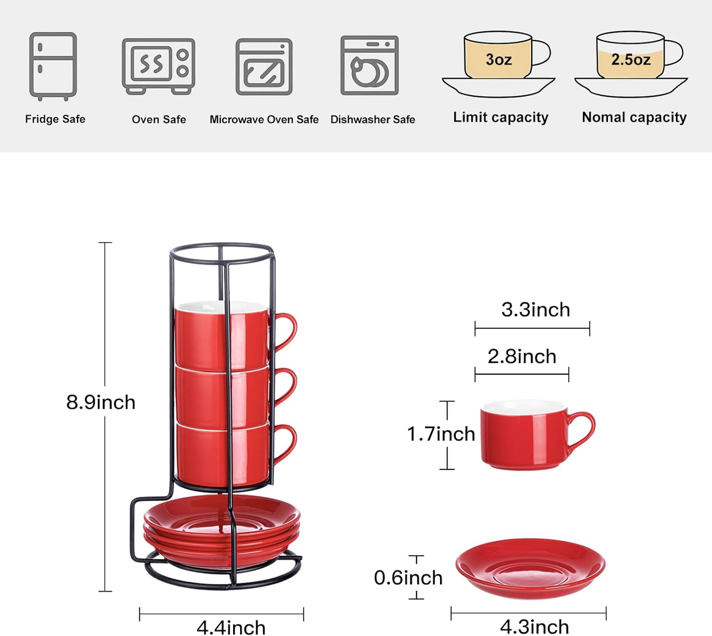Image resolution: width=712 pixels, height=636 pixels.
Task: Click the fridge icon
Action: (x=53, y=66)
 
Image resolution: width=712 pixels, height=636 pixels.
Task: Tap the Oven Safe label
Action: (x=159, y=119)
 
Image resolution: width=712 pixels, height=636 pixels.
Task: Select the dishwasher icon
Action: (x=369, y=65)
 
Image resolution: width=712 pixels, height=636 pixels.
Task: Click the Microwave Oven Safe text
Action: (x=264, y=119)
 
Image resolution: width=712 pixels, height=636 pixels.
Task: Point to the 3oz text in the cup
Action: (x=499, y=60)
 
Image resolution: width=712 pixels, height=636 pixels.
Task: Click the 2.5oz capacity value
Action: (x=631, y=60)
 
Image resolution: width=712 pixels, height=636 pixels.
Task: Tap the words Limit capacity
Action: (x=501, y=117)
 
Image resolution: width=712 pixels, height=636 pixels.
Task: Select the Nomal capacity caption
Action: (x=634, y=117)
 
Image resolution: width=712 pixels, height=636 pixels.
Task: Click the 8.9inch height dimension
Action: (x=101, y=402)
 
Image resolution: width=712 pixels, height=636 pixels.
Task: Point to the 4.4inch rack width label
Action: (x=231, y=628)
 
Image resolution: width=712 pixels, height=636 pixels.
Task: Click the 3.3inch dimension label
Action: (x=536, y=310)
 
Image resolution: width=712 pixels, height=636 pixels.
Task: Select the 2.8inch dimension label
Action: (x=522, y=356)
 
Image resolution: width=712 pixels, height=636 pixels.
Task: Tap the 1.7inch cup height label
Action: (x=441, y=434)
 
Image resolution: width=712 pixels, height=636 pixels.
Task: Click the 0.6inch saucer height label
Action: (x=408, y=578)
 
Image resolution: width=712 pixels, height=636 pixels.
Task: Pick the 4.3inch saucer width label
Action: (x=535, y=627)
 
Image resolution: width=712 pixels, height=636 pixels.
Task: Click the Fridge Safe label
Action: (x=55, y=119)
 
